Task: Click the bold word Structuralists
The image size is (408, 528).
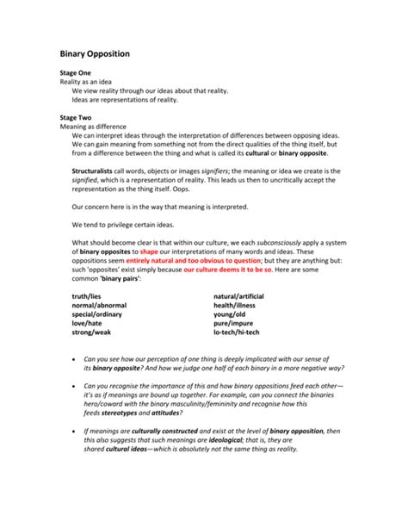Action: point(96,171)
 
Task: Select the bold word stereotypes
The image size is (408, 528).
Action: point(137,413)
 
